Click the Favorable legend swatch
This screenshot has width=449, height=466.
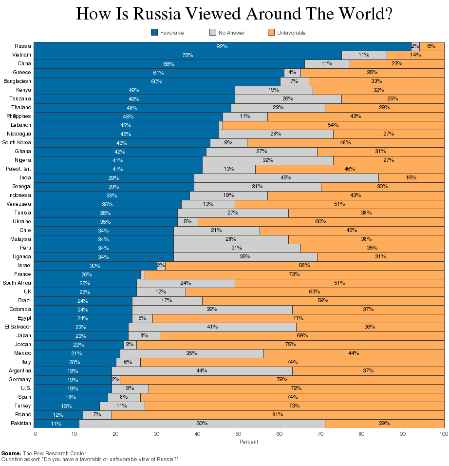click(154, 33)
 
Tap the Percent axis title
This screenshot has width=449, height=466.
click(249, 442)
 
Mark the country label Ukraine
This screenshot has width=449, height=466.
click(22, 221)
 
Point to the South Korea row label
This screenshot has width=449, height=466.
click(17, 142)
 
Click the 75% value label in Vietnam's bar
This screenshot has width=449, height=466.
click(187, 55)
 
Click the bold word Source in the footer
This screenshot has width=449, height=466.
click(11, 453)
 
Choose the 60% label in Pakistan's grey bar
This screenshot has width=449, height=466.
click(202, 424)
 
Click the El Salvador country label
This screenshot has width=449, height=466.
click(18, 327)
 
